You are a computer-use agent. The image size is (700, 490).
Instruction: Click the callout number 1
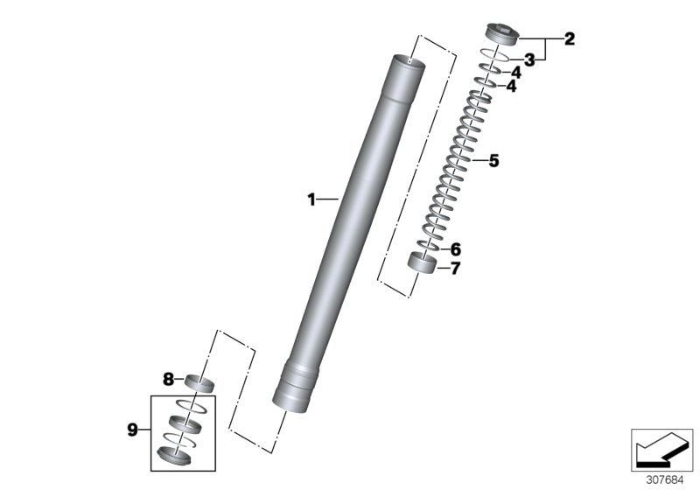pos(310,199)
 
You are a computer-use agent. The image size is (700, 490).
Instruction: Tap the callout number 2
pos(570,38)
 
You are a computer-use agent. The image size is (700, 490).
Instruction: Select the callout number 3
pos(528,59)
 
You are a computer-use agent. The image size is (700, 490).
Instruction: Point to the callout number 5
pos(493,161)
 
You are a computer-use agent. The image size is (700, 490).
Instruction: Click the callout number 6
pos(454,249)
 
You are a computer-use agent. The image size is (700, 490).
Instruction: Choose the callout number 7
pos(454,269)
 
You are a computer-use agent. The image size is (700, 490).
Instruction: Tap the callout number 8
pos(168,379)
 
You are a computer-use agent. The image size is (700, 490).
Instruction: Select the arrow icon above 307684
pos(662,449)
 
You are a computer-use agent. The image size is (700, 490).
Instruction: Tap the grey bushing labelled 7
pos(423,262)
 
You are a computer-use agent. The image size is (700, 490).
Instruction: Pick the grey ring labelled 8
pos(199,383)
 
